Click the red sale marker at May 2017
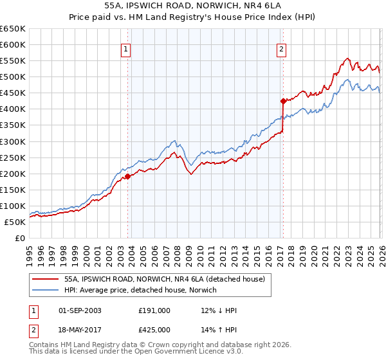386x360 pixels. coord(282,101)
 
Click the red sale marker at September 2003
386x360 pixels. coord(127,176)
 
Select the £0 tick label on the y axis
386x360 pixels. coord(19,238)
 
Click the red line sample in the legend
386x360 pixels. coord(45,279)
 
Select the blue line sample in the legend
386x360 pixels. coord(45,290)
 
